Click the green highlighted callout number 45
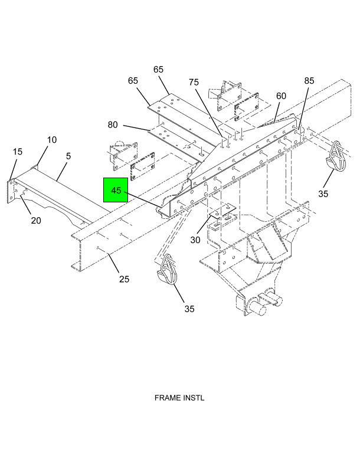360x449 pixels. (116, 190)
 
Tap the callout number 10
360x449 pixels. (52, 140)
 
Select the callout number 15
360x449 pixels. (18, 152)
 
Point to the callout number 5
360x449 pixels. (68, 156)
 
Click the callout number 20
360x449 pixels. (36, 221)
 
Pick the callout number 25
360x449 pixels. (124, 279)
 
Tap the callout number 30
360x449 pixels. (195, 240)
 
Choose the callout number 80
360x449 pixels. (113, 124)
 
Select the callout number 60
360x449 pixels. (281, 96)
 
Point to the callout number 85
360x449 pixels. (310, 80)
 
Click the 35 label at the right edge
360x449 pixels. (323, 194)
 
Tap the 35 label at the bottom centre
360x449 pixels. (189, 309)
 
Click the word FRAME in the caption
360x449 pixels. (168, 398)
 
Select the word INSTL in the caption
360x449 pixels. (194, 398)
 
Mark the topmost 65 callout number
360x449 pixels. (158, 70)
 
